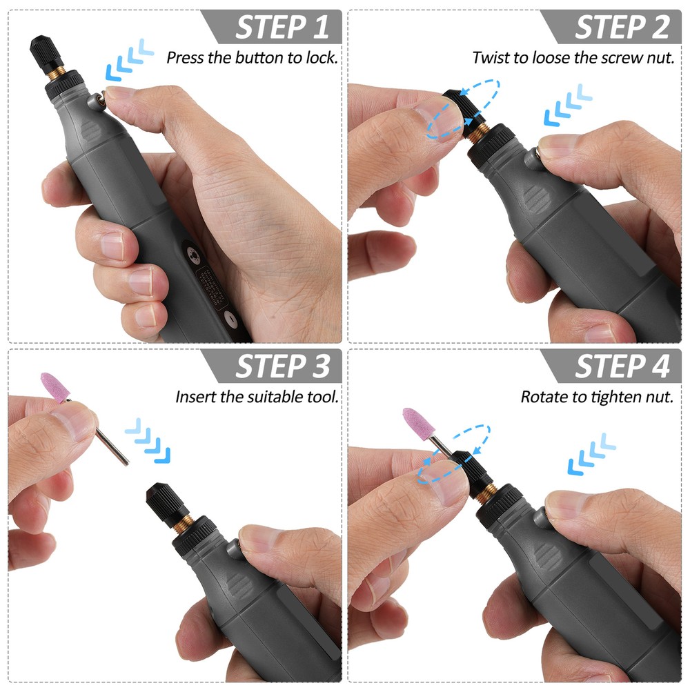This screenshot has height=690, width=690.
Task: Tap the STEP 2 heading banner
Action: (621, 26)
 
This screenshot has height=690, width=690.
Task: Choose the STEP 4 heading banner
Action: (621, 366)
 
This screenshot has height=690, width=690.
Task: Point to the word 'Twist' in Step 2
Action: (489, 57)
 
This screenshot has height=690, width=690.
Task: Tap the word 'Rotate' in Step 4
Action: (542, 397)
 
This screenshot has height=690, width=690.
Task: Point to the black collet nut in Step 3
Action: (164, 498)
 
